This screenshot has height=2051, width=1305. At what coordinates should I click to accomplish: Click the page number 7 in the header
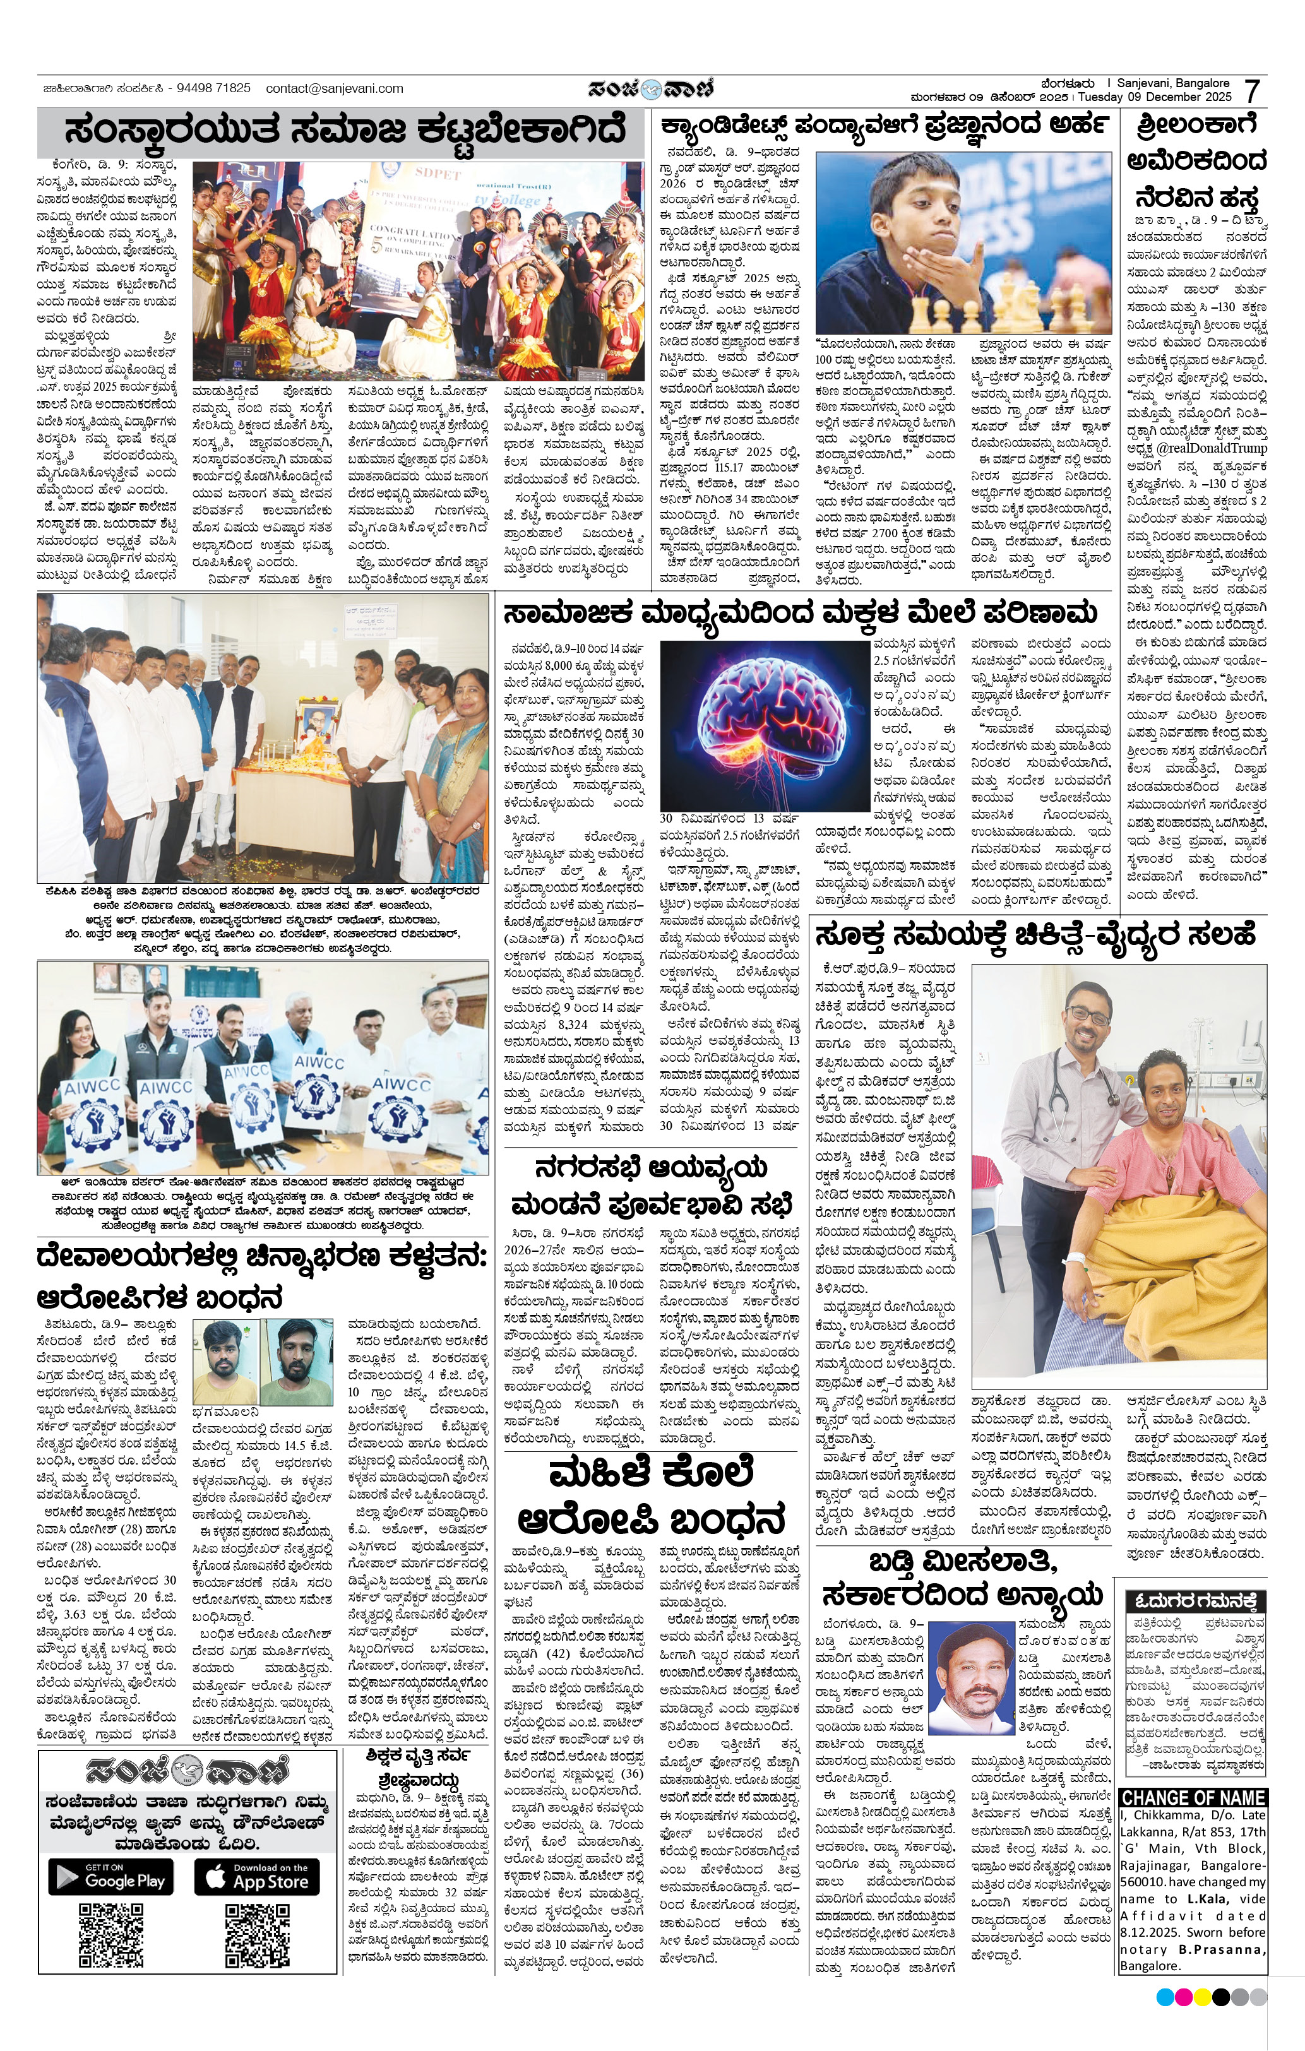pos(1251,91)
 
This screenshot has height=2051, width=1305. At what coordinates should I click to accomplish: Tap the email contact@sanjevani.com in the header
pos(334,88)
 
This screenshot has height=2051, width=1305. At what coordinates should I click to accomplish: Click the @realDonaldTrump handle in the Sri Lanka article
pos(1212,448)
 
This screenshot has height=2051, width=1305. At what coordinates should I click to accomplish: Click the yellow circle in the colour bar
pos(1203,1997)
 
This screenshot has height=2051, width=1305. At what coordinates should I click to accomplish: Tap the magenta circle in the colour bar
pos(1183,1997)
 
